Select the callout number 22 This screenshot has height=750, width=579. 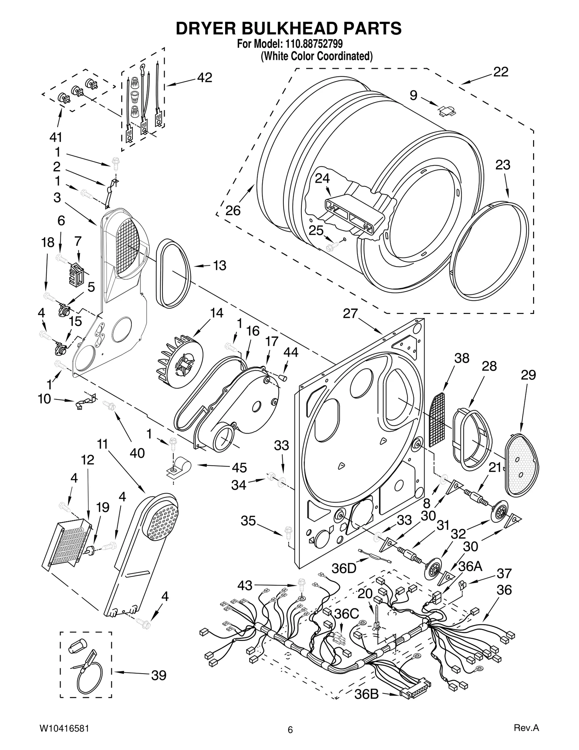click(x=501, y=72)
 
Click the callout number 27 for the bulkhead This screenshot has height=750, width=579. click(x=350, y=313)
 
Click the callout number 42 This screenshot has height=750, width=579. click(x=204, y=77)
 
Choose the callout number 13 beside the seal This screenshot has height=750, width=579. click(x=219, y=266)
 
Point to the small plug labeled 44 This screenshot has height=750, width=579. click(x=283, y=378)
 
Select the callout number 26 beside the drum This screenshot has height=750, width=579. click(x=233, y=210)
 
